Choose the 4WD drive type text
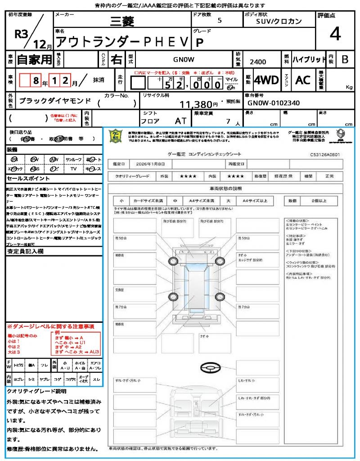266,80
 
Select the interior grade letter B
345,59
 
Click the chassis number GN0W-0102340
273,103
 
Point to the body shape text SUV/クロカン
279,21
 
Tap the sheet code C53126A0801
324,154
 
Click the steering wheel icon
208,368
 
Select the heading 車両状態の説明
225,188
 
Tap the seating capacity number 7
228,122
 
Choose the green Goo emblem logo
116,136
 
